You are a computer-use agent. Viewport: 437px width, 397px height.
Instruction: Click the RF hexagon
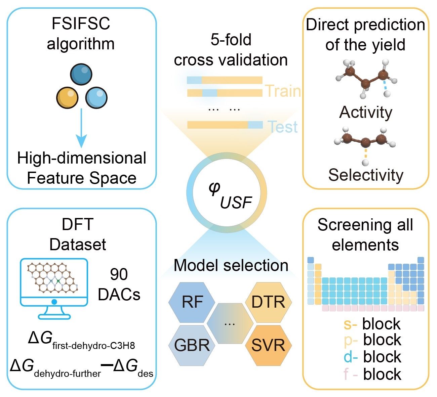pyautogui.click(x=192, y=302)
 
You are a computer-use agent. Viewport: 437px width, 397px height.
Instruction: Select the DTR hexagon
pyautogui.click(x=268, y=302)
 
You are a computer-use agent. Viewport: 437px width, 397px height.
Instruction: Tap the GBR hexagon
pyautogui.click(x=192, y=345)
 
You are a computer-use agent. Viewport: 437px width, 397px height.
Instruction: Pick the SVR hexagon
pyautogui.click(x=268, y=345)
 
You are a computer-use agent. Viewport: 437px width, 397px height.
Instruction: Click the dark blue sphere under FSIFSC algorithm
pyautogui.click(x=81, y=75)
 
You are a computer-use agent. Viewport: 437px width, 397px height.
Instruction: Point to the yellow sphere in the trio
pyautogui.click(x=67, y=97)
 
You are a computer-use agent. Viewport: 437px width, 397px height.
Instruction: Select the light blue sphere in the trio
pyautogui.click(x=96, y=97)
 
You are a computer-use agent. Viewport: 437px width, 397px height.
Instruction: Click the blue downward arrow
pyautogui.click(x=81, y=128)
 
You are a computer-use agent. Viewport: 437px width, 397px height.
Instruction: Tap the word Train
pyautogui.click(x=283, y=91)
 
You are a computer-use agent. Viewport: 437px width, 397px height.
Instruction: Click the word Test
pyautogui.click(x=283, y=127)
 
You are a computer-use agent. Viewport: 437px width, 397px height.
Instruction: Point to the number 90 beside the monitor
pyautogui.click(x=119, y=275)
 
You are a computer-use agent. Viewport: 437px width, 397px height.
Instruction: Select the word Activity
pyautogui.click(x=366, y=112)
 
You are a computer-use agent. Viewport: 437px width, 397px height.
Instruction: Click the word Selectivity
pyautogui.click(x=366, y=175)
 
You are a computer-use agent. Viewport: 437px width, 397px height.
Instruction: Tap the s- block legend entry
pyautogui.click(x=372, y=324)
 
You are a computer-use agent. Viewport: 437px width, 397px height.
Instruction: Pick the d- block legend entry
pyautogui.click(x=372, y=357)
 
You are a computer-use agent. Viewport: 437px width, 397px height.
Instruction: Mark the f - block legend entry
pyautogui.click(x=372, y=374)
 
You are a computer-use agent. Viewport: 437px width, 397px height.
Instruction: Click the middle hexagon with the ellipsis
pyautogui.click(x=230, y=323)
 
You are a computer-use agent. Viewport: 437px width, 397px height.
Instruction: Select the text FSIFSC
pyautogui.click(x=81, y=24)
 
